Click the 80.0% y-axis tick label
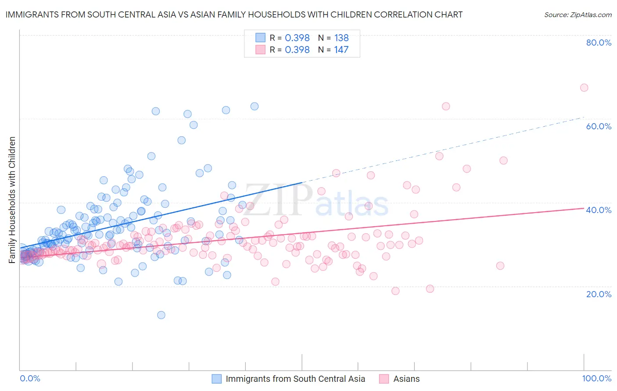tap(599, 43)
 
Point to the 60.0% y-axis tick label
tap(599, 126)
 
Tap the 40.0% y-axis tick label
tap(599, 210)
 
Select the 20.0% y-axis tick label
tap(599, 294)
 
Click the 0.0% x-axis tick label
tap(30, 378)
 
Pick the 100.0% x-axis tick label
tap(596, 378)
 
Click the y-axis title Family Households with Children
tap(12, 200)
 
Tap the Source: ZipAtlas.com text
tap(578, 15)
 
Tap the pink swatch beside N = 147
tap(261, 50)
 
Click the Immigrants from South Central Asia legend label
tap(295, 379)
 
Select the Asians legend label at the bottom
tap(406, 379)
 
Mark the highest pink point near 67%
tap(584, 88)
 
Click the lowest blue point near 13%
tap(161, 315)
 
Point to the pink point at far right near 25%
tap(500, 266)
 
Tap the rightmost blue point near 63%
tap(254, 106)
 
